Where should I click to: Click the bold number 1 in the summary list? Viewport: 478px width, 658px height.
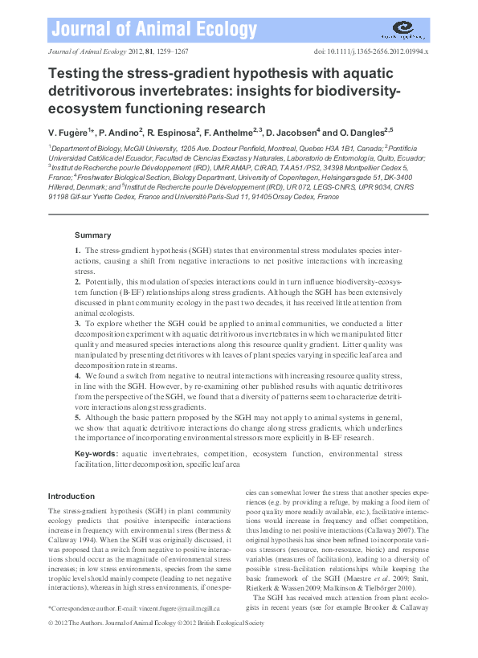click(x=77, y=251)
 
